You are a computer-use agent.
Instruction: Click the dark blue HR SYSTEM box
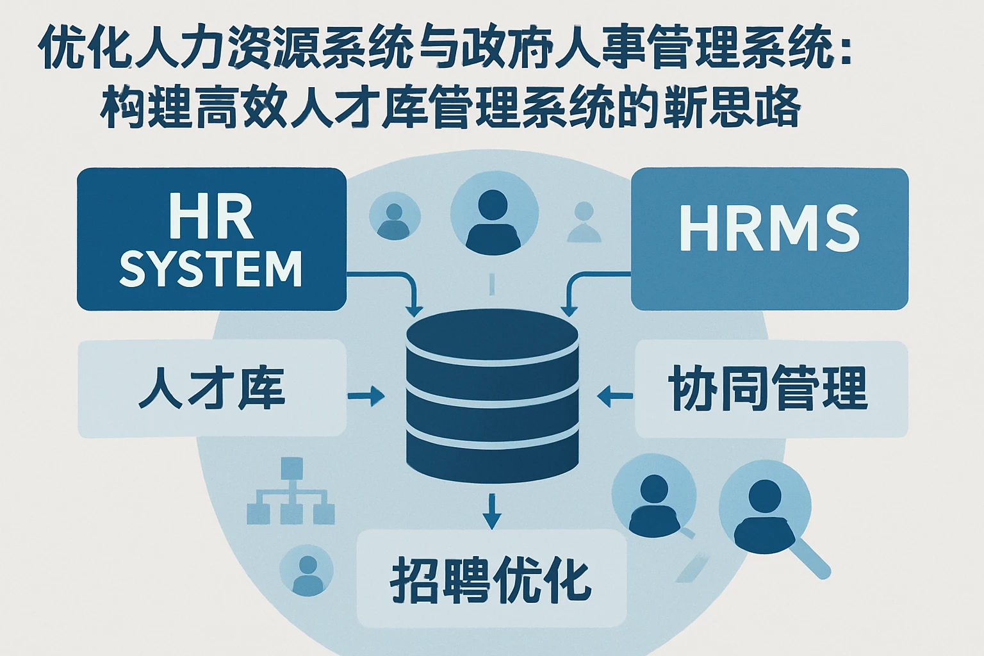click(211, 239)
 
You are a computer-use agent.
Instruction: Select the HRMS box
click(769, 239)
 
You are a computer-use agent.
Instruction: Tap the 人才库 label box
click(211, 389)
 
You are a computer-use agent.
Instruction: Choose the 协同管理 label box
click(771, 389)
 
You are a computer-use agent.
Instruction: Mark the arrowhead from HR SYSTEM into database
click(414, 309)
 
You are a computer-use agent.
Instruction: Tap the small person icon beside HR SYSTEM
click(395, 218)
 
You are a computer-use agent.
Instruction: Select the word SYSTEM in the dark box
click(211, 269)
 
